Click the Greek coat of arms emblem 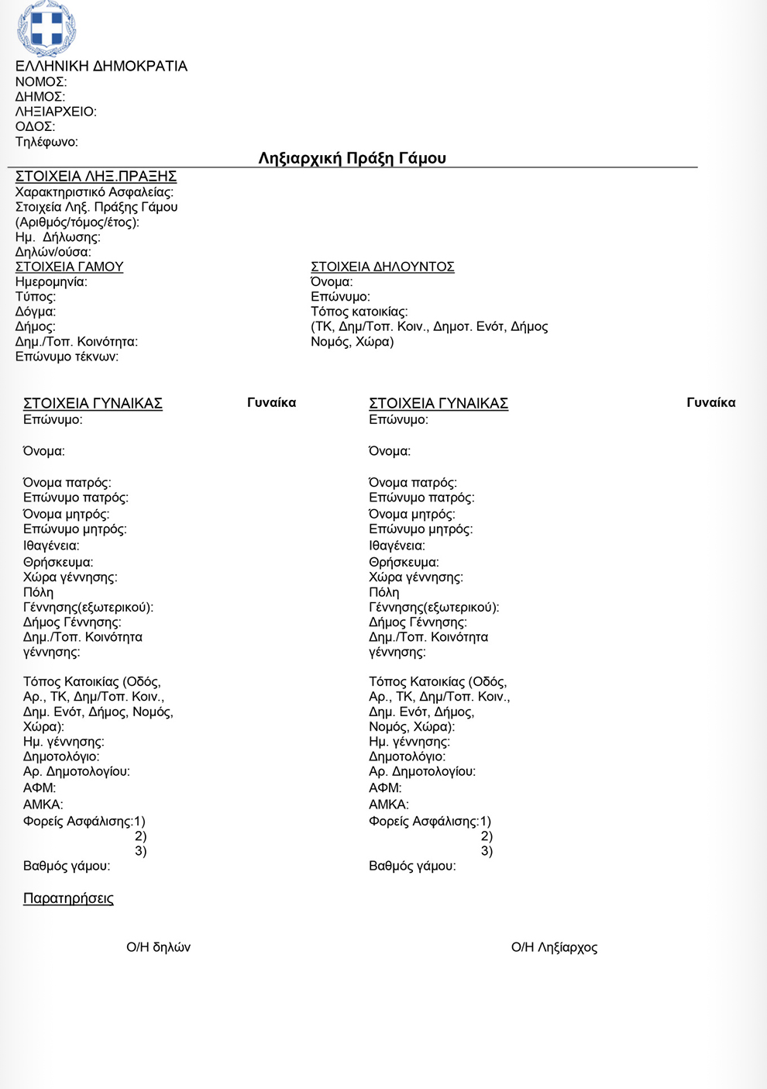coord(46,28)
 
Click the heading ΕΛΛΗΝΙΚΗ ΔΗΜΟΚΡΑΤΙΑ coord(101,67)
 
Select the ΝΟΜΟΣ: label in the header coord(41,82)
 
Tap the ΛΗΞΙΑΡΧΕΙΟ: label coord(56,112)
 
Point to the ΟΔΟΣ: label coord(35,126)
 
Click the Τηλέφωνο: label coord(46,142)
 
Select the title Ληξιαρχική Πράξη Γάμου coord(352,158)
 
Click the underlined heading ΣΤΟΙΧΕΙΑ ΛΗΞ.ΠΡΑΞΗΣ coord(96,177)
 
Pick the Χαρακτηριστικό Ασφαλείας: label coord(95,192)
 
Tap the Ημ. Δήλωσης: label coord(58,237)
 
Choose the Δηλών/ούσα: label coord(53,252)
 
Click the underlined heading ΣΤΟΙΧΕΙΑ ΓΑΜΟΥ coord(70,267)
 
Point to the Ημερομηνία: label coord(51,282)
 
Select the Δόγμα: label coord(36,312)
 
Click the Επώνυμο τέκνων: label coord(67,357)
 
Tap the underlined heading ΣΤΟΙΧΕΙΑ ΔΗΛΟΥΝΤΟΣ coord(383,267)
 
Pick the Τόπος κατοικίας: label coord(359,312)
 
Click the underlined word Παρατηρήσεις coord(68,898)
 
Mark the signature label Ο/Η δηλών coord(158,947)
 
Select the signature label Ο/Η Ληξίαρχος coord(554,947)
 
